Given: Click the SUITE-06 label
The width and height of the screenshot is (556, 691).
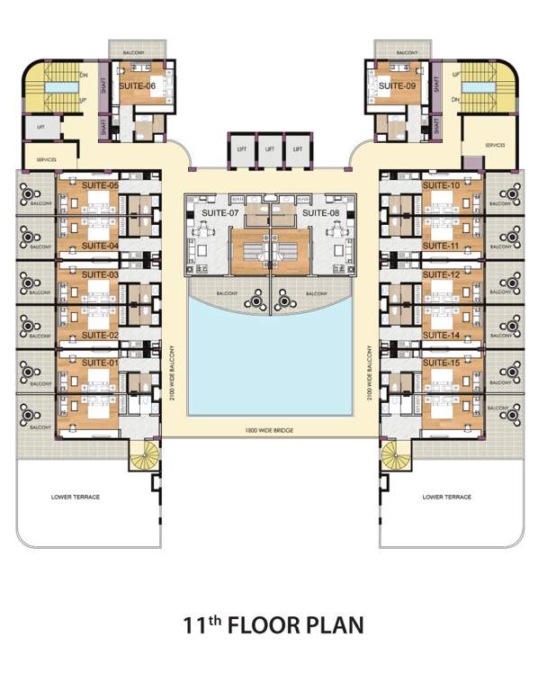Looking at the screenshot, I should tap(139, 86).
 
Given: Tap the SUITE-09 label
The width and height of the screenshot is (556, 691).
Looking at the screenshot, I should tap(397, 86).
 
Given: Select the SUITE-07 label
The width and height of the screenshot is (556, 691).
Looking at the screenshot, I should tap(220, 213).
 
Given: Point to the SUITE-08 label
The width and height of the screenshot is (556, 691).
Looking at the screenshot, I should tap(319, 213).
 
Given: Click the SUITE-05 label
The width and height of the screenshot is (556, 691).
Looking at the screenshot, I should tap(100, 185).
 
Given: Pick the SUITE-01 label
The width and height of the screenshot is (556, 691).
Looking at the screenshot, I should tap(100, 363).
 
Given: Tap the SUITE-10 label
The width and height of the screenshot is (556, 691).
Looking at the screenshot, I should tap(441, 185).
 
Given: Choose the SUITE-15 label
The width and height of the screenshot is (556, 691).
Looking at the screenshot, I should tap(441, 363).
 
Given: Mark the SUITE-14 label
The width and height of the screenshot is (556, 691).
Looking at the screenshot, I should tap(441, 335).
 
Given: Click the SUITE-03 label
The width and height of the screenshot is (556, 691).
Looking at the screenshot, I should tap(100, 274).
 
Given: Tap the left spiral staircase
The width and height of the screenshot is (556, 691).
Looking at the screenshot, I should tap(143, 457).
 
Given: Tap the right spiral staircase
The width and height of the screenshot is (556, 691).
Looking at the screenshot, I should tap(394, 457).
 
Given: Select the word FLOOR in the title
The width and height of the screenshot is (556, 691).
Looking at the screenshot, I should tap(268, 625).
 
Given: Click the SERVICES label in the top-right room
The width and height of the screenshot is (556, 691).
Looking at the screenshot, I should tap(495, 145).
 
